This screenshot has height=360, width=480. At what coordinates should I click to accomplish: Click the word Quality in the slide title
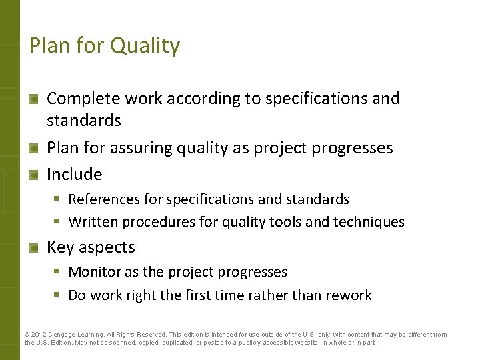click(145, 46)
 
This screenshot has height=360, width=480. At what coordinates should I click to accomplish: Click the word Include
click(74, 175)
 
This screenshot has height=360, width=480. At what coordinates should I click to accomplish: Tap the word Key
click(60, 247)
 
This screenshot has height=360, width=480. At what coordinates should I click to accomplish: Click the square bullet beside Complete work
click(33, 99)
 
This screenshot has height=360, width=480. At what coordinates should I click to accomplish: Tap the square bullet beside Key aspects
click(33, 248)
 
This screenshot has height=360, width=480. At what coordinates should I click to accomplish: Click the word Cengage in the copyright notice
click(65, 335)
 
